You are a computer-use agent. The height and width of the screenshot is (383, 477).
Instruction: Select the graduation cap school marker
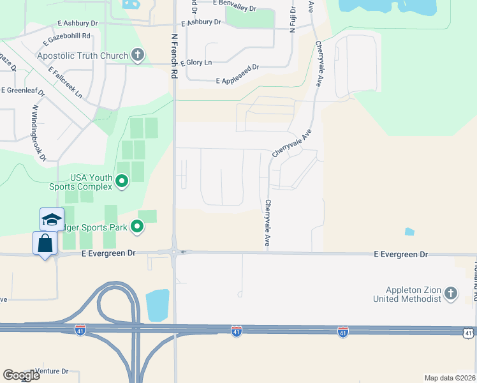pyautogui.click(x=52, y=220)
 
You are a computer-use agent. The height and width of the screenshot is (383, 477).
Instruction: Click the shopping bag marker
pyautogui.click(x=45, y=244)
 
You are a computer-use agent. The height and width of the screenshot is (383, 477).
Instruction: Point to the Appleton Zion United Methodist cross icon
pyautogui.click(x=451, y=294)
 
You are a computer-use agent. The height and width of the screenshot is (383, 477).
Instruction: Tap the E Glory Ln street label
pyautogui.click(x=196, y=63)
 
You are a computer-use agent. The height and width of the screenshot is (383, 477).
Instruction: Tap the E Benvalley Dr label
pyautogui.click(x=234, y=6)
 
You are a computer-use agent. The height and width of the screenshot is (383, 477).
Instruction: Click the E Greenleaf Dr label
pyautogui.click(x=23, y=92)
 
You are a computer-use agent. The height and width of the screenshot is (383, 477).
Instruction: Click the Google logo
pyautogui.click(x=21, y=375)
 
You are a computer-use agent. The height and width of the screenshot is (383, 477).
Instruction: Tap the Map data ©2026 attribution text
pyautogui.click(x=450, y=378)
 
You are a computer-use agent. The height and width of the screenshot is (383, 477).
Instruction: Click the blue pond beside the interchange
pyautogui.click(x=158, y=306)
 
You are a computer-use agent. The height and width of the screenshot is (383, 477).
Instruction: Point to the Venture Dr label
pyautogui.click(x=52, y=371)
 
